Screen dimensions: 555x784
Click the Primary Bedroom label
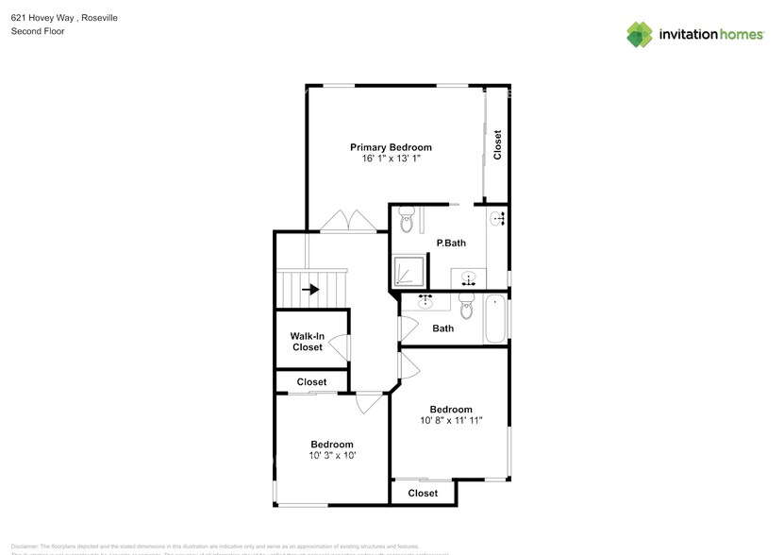coord(391,147)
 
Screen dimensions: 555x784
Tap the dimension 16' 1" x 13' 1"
coord(391,160)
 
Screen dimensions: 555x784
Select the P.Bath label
coord(450,244)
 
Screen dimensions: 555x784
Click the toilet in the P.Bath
coord(407,220)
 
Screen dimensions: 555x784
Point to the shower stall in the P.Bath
coord(408,272)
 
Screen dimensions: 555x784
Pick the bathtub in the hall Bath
coord(495,319)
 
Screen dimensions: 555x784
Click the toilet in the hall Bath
coord(465,305)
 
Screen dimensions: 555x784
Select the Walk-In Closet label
coord(307,342)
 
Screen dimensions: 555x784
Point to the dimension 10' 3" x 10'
coord(332,456)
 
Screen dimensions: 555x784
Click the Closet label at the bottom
coord(423,493)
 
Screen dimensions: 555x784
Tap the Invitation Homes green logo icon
coord(640,35)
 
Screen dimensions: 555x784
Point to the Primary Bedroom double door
coord(348,222)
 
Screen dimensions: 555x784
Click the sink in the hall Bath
coord(425,302)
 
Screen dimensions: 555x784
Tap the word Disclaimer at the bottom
coord(25,546)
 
